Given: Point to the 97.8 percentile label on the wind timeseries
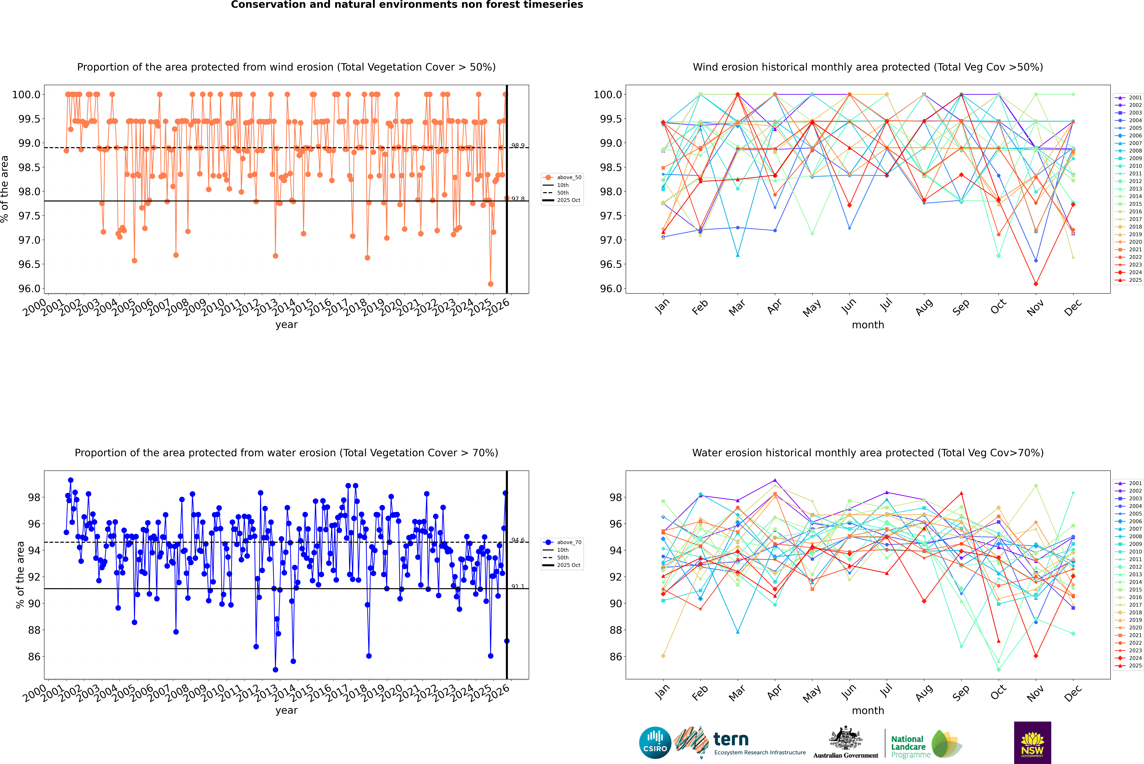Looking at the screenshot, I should point(518,199).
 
